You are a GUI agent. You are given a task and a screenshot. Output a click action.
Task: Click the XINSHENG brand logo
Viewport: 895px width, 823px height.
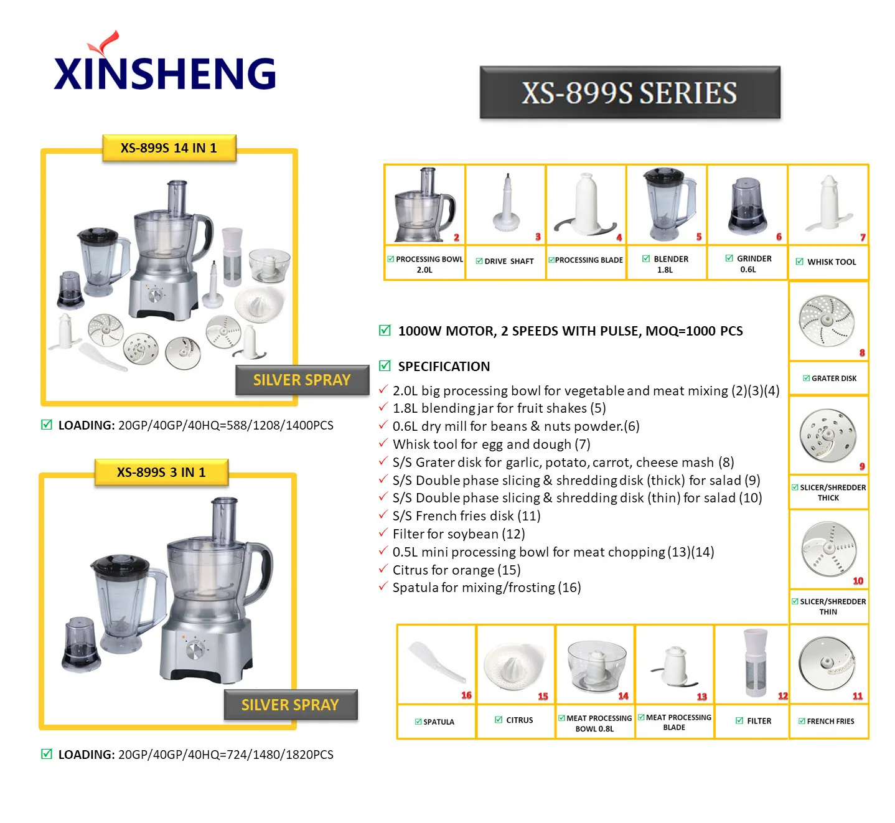point(164,62)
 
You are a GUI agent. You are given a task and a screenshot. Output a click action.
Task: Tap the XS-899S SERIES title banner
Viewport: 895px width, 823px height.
point(629,92)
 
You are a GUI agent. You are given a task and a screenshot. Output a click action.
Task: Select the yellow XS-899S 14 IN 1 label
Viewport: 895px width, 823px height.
point(169,148)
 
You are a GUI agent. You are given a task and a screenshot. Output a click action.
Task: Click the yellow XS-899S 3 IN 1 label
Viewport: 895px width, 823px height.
point(161,473)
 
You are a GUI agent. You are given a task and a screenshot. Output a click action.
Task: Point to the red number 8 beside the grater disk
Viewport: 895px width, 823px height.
point(862,352)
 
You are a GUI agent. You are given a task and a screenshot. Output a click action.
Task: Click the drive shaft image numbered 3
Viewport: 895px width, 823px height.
point(506,203)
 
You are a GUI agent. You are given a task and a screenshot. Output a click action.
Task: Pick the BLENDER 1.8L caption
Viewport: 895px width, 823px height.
point(665,264)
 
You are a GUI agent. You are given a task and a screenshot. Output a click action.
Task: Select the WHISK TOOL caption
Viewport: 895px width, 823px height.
point(827,262)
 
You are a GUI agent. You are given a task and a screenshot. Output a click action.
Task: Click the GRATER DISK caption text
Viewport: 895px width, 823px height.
point(830,379)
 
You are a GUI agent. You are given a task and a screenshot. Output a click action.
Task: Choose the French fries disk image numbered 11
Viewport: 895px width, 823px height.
point(827,664)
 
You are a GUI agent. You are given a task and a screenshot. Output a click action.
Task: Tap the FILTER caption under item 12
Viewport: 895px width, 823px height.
point(754,721)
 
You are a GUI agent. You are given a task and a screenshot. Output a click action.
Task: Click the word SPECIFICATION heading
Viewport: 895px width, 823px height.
point(444,367)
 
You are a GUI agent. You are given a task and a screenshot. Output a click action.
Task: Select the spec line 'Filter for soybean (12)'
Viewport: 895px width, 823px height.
point(459,534)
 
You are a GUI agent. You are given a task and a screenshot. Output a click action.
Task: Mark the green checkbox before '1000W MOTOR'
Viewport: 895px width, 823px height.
point(385,331)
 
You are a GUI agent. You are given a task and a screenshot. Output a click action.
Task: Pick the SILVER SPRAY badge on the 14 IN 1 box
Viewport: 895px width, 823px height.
point(302,380)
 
